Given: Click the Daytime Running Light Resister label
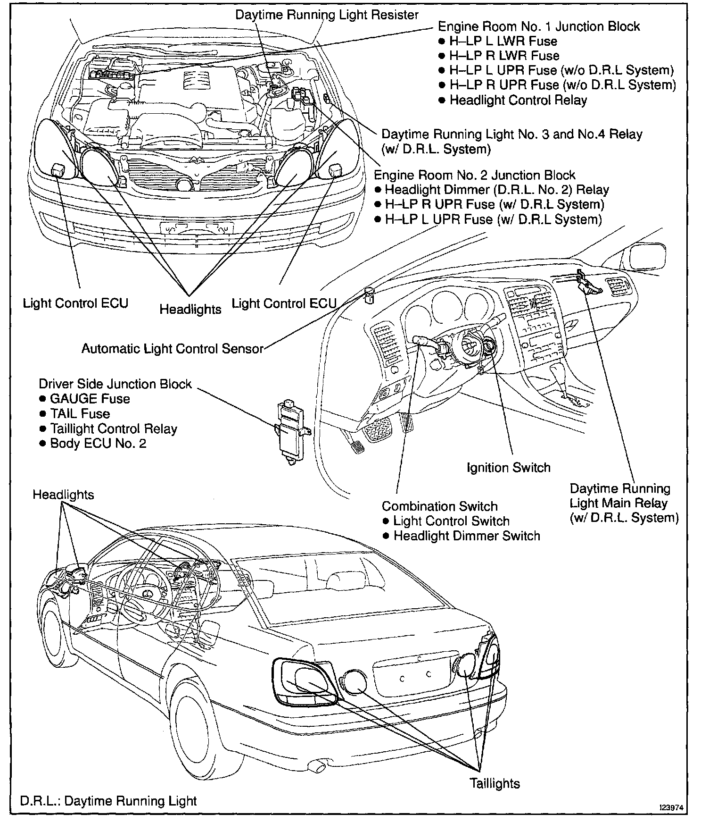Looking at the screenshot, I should pos(327,15).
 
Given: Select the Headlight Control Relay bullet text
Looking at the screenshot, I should pos(518,100).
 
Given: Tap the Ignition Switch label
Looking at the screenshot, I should pos(508,468).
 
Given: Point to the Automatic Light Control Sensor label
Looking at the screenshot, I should pos(172,349).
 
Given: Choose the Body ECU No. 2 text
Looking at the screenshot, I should pos(98,444).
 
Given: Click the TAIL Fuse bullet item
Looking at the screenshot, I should pos(80,414).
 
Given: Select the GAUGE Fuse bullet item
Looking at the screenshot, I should pos(90,399).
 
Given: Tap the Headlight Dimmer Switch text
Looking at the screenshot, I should pos(467,536).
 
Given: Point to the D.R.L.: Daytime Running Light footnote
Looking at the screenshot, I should pos(108,801).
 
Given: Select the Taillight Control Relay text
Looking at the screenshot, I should pos(114,429).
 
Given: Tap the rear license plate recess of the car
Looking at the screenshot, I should pos(415,677).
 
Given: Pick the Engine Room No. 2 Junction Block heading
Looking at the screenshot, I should pos(474,175).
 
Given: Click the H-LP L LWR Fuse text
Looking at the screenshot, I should pos(503,41).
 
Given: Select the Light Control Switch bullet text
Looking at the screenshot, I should pos(451,521).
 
